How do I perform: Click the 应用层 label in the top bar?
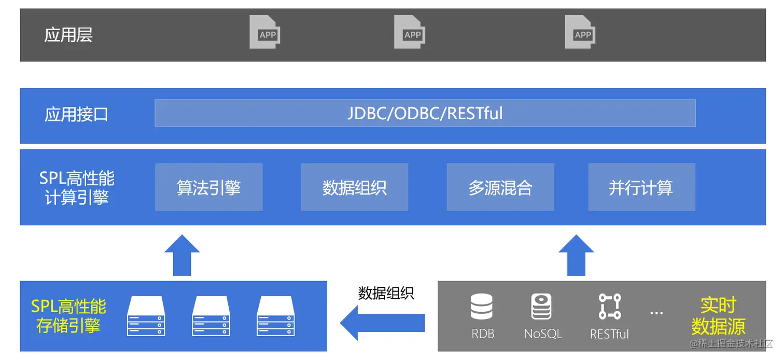[x=68, y=35]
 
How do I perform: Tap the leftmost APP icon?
[x=265, y=32]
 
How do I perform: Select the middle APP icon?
[x=410, y=32]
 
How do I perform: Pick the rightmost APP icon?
[x=580, y=32]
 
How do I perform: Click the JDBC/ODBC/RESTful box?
[x=425, y=113]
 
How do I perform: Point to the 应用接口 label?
[x=76, y=115]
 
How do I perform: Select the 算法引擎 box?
[x=208, y=187]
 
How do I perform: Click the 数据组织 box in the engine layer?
[x=355, y=187]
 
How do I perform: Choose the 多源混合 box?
[x=500, y=187]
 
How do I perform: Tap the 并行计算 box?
[x=641, y=187]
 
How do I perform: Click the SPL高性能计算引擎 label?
[x=77, y=188]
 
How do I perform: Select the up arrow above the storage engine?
[x=182, y=255]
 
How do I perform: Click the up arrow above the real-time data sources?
[x=576, y=255]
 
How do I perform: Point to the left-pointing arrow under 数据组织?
[x=382, y=323]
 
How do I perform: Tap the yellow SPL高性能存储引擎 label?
[x=68, y=315]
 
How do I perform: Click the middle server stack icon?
[x=211, y=315]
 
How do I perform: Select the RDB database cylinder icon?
[x=482, y=306]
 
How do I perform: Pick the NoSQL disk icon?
[x=541, y=306]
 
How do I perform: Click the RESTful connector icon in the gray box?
[x=609, y=306]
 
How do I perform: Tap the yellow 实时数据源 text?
[x=718, y=315]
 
